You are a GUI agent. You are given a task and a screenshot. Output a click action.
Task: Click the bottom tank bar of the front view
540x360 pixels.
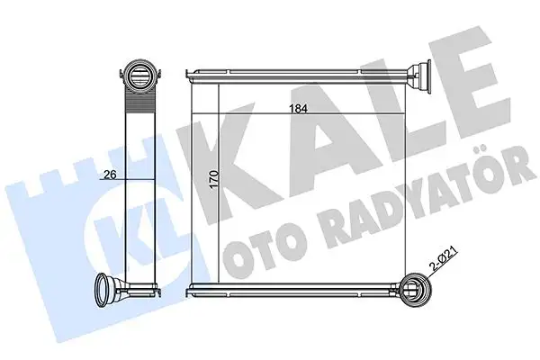tap(297, 289)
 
